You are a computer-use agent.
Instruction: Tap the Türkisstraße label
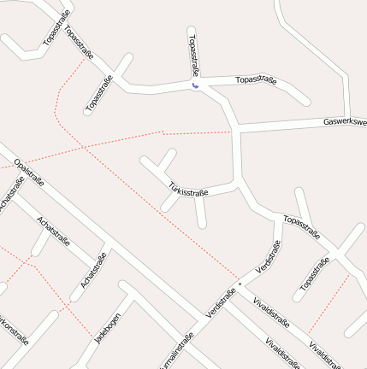coord(188,190)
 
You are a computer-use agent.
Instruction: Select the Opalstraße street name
coord(29,173)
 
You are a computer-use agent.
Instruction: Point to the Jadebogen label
coord(107,327)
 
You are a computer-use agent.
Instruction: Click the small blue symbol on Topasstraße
coord(196,85)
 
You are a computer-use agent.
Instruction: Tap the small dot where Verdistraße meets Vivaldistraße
coord(240,283)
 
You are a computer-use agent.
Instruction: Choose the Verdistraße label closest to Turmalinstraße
coord(221,305)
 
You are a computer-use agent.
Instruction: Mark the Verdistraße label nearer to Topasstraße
coord(268,259)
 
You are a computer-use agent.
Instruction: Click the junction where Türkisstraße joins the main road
coord(237,183)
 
